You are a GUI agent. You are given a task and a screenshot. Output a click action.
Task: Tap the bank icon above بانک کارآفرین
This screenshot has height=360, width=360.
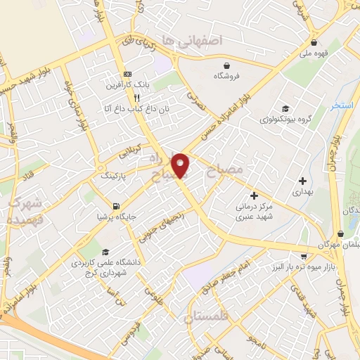pyautogui.click(x=127, y=75)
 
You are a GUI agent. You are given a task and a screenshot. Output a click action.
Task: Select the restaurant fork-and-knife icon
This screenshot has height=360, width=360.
pyautogui.click(x=137, y=98)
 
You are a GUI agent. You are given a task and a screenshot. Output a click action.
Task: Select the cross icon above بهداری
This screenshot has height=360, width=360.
pyautogui.click(x=302, y=180)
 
